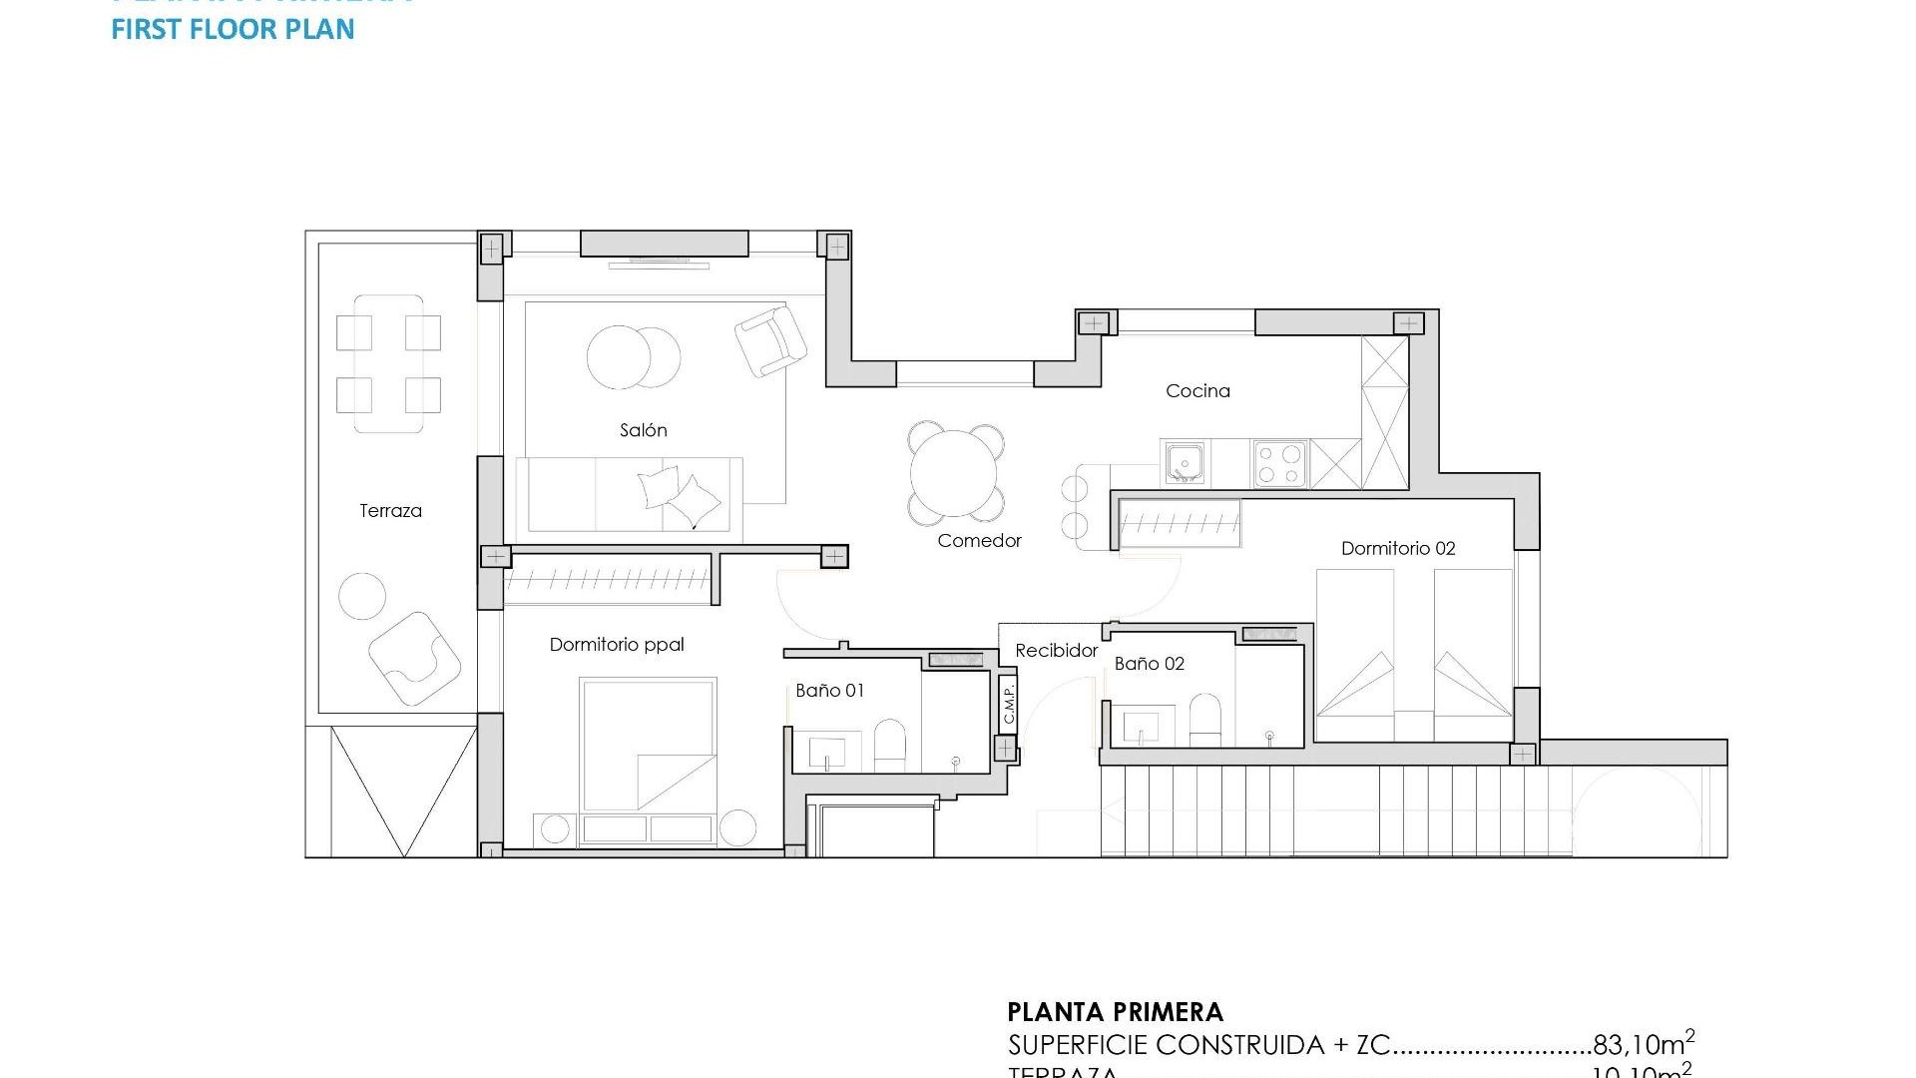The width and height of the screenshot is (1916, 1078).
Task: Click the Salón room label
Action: click(x=643, y=430)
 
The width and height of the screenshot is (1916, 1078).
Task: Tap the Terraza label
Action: click(x=390, y=511)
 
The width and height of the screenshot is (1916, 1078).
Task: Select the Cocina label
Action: click(x=1197, y=391)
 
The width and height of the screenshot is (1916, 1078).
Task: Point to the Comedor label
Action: click(x=979, y=541)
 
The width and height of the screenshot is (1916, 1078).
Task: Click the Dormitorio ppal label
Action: click(x=617, y=645)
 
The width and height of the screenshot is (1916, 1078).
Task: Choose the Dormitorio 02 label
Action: click(x=1397, y=548)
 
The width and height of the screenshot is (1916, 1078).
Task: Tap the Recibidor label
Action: click(x=1056, y=651)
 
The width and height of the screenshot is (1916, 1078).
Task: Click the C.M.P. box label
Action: click(x=1008, y=704)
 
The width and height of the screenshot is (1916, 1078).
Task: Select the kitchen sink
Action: click(x=1185, y=463)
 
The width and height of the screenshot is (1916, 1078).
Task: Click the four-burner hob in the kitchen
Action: click(x=1279, y=464)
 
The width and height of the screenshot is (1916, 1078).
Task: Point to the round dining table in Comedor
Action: click(x=955, y=473)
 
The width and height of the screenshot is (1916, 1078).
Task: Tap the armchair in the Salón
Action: click(x=770, y=340)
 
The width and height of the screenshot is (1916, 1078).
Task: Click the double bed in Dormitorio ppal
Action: click(x=649, y=744)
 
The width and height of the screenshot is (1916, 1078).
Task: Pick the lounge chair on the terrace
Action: click(x=413, y=657)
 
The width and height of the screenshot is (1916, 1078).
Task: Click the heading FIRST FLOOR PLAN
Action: click(x=233, y=29)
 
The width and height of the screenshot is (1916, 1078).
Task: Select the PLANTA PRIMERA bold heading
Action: click(x=1115, y=1012)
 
